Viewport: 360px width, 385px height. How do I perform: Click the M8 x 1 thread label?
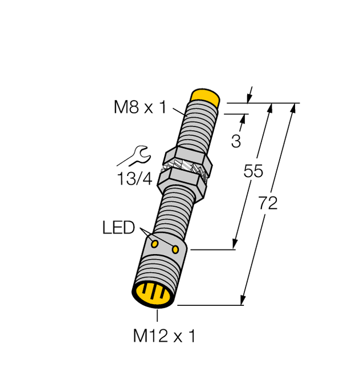[140, 107]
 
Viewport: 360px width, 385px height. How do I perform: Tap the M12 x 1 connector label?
[164, 337]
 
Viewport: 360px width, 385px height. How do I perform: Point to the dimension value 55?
[253, 171]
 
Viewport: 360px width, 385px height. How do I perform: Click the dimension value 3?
[236, 141]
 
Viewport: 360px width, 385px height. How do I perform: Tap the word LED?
[118, 228]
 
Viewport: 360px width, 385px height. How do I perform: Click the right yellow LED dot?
[175, 249]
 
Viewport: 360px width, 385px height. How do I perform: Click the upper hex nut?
[188, 158]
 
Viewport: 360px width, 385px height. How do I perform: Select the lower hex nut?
[181, 184]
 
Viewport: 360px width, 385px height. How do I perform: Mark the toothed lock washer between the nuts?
[185, 170]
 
